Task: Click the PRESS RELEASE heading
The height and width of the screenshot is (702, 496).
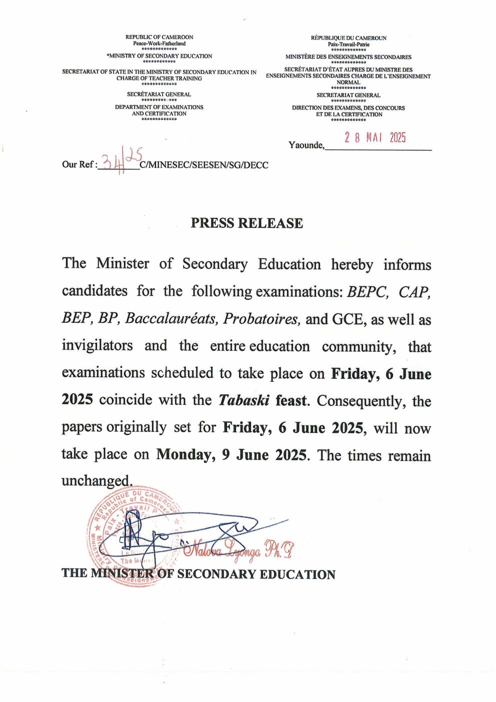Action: click(246, 223)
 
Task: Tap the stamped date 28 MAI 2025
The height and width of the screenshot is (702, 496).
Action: click(374, 138)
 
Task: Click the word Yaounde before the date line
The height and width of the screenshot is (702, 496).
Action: click(306, 145)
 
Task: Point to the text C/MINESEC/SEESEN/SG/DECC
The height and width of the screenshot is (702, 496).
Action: click(204, 165)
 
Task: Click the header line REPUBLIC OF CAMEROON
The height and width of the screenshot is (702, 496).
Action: click(159, 37)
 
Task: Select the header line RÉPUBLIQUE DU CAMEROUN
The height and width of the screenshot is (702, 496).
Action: click(348, 38)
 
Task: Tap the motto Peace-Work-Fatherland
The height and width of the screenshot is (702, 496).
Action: click(159, 44)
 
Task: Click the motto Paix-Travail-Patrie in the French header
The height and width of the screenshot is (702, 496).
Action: click(348, 45)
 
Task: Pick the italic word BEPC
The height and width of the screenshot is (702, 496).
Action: click(367, 292)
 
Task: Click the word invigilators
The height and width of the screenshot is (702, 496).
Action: click(97, 346)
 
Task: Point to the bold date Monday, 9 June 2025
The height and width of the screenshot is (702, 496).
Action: click(231, 454)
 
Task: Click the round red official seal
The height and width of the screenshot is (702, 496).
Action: click(132, 535)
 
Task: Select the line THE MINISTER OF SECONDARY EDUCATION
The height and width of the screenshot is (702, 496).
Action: click(198, 574)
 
